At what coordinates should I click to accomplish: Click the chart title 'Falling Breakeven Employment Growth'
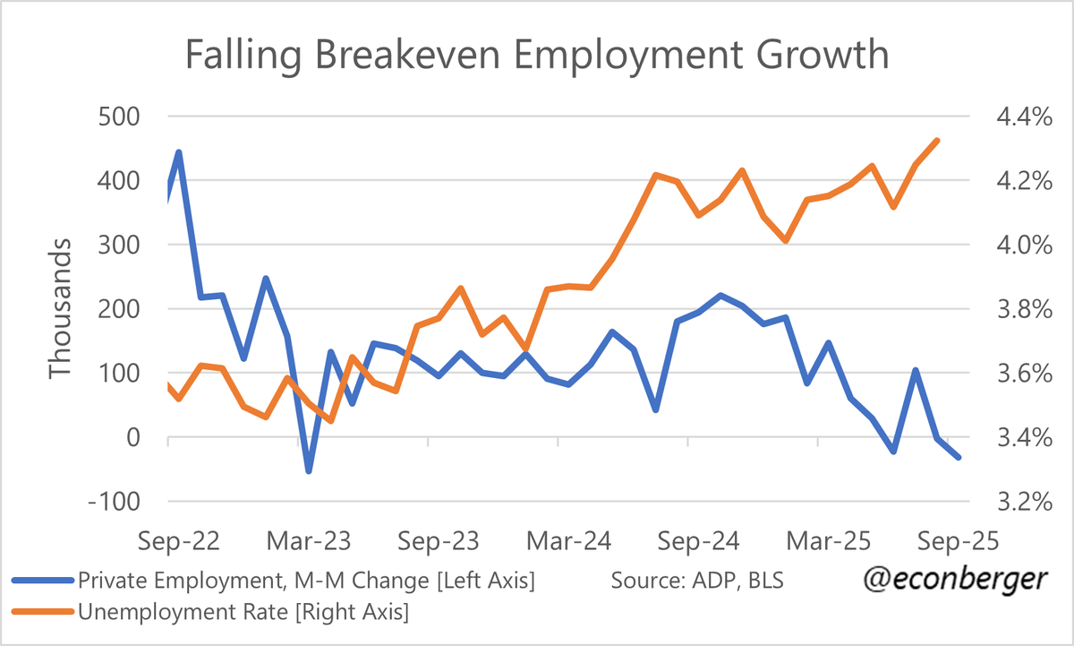coord(537,56)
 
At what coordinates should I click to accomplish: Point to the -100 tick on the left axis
coord(115,502)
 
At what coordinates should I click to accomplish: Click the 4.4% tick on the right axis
coord(1019,116)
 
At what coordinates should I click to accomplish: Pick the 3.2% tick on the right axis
coord(1019,502)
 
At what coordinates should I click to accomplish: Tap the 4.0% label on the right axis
coord(1019,245)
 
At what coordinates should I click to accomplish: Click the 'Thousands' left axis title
coord(60,308)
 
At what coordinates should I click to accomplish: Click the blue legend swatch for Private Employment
coord(41,581)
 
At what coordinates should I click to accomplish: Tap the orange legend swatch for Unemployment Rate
coord(41,613)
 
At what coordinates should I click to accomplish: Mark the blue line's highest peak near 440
coord(179,152)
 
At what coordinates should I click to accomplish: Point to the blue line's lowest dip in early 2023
coord(309,471)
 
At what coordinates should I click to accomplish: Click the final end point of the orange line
coord(937,141)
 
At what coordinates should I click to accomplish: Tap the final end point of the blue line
coord(959,457)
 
